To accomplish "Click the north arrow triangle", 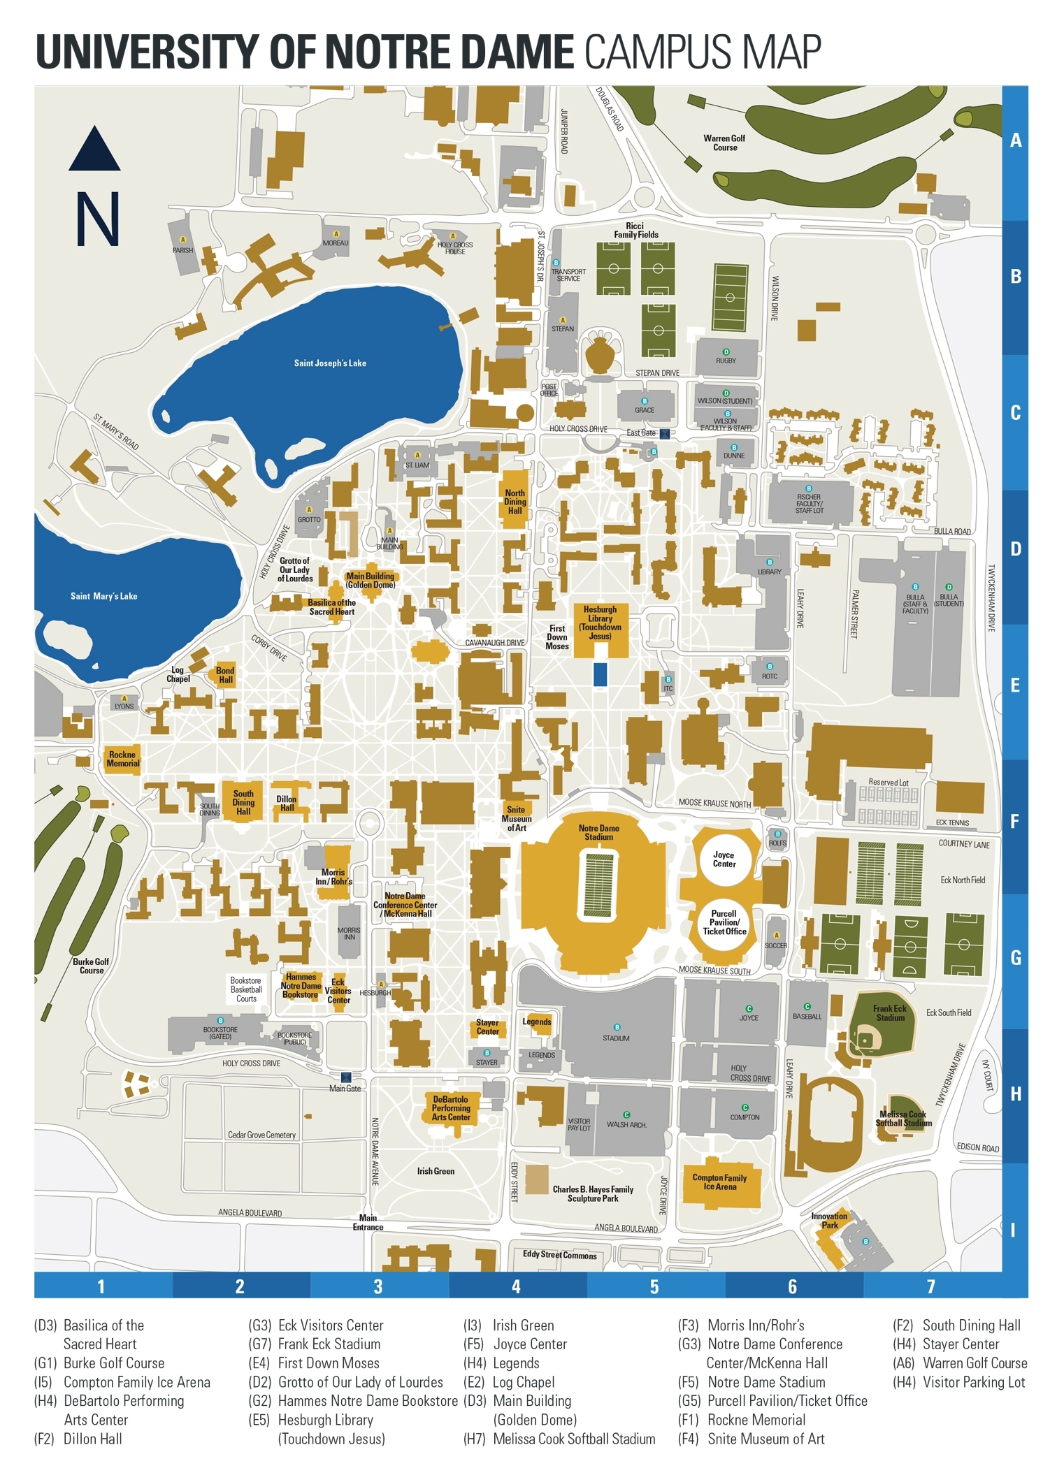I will coord(94,150).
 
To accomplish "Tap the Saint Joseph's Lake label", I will coord(330,363).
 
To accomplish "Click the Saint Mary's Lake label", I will coord(103,596).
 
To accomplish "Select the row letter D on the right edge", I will coord(1015,549).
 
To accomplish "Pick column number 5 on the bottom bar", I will coord(654,1286).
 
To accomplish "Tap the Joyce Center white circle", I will coord(724,859).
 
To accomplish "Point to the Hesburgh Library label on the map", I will coord(600,623).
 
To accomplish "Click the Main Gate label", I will coord(345,1089).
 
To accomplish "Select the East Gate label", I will coord(640,433).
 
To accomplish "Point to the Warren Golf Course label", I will coord(725,143).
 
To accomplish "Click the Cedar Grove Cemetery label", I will coord(261,1135).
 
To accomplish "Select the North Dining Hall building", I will coord(515,502).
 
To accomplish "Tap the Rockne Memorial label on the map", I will coord(122,759).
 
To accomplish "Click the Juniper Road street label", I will coord(563,131).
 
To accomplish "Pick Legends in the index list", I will coord(516,1363).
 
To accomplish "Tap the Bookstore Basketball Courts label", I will coord(246,989).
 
